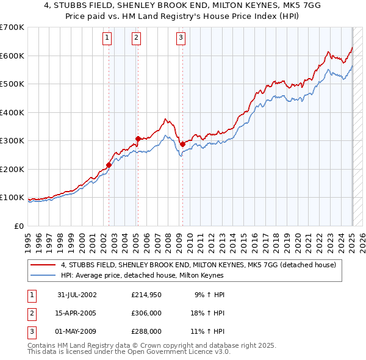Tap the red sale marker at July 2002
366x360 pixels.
click(x=109, y=164)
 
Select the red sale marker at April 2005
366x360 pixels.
click(x=138, y=139)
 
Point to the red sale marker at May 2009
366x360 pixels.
click(x=182, y=144)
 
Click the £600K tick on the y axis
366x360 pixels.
click(x=12, y=56)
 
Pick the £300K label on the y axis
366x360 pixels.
click(x=12, y=141)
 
